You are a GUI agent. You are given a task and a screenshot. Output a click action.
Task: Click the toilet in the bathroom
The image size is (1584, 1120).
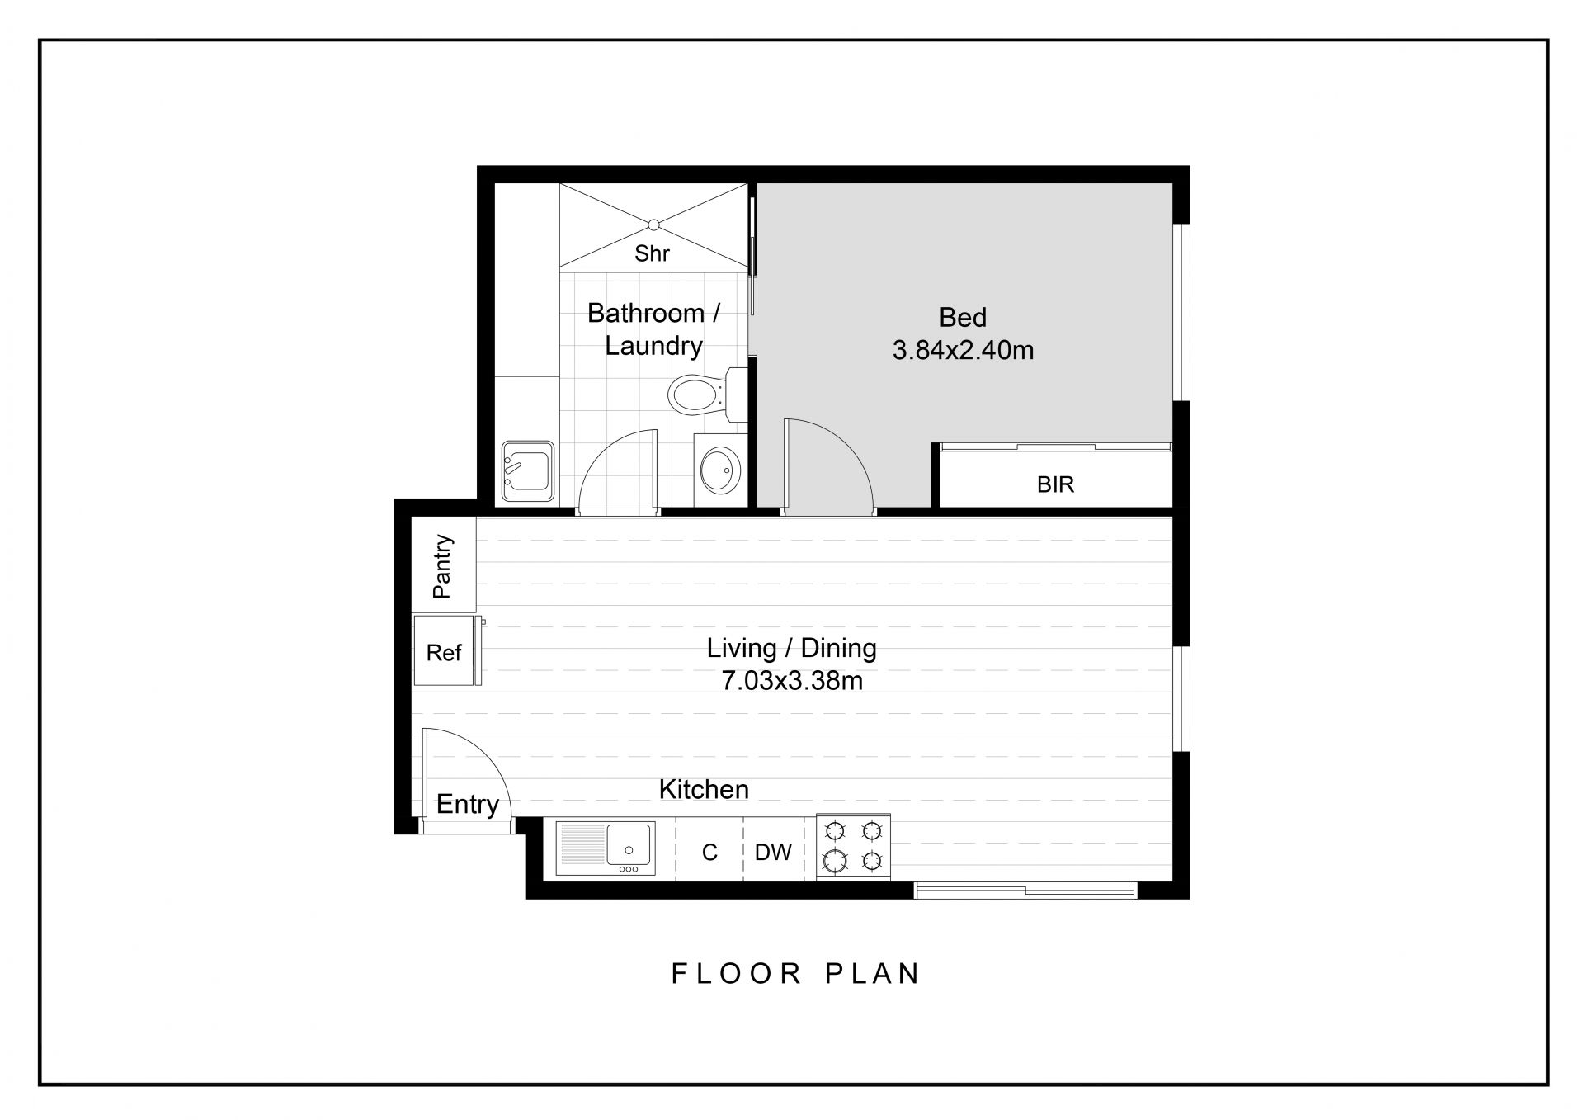click(701, 395)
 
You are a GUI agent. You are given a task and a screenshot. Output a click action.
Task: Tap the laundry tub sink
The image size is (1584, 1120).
click(528, 471)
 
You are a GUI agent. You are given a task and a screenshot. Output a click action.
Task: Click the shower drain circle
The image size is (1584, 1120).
click(653, 224)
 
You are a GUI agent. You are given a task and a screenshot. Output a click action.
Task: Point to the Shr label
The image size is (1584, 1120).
click(652, 253)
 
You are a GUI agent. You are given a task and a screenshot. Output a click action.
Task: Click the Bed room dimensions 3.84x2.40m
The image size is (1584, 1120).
click(963, 351)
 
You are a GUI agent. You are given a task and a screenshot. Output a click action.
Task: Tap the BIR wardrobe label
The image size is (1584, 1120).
click(1055, 484)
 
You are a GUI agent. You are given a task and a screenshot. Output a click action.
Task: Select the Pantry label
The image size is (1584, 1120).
click(443, 566)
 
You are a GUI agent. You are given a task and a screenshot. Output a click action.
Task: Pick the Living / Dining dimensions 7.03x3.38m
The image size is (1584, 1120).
click(792, 681)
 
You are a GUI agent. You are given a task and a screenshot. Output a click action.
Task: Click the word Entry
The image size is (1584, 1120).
click(468, 804)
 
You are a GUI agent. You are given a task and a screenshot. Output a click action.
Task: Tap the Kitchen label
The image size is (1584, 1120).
click(704, 790)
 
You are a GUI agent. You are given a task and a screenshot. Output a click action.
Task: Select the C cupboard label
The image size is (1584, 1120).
click(709, 852)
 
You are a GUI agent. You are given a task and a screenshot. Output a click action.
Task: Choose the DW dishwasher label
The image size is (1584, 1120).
click(773, 852)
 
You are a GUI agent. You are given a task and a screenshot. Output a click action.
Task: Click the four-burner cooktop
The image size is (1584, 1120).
click(854, 846)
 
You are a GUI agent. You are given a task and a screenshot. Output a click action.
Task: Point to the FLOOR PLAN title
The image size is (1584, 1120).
click(795, 973)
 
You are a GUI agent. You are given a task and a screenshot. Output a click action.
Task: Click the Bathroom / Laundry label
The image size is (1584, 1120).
click(653, 329)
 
